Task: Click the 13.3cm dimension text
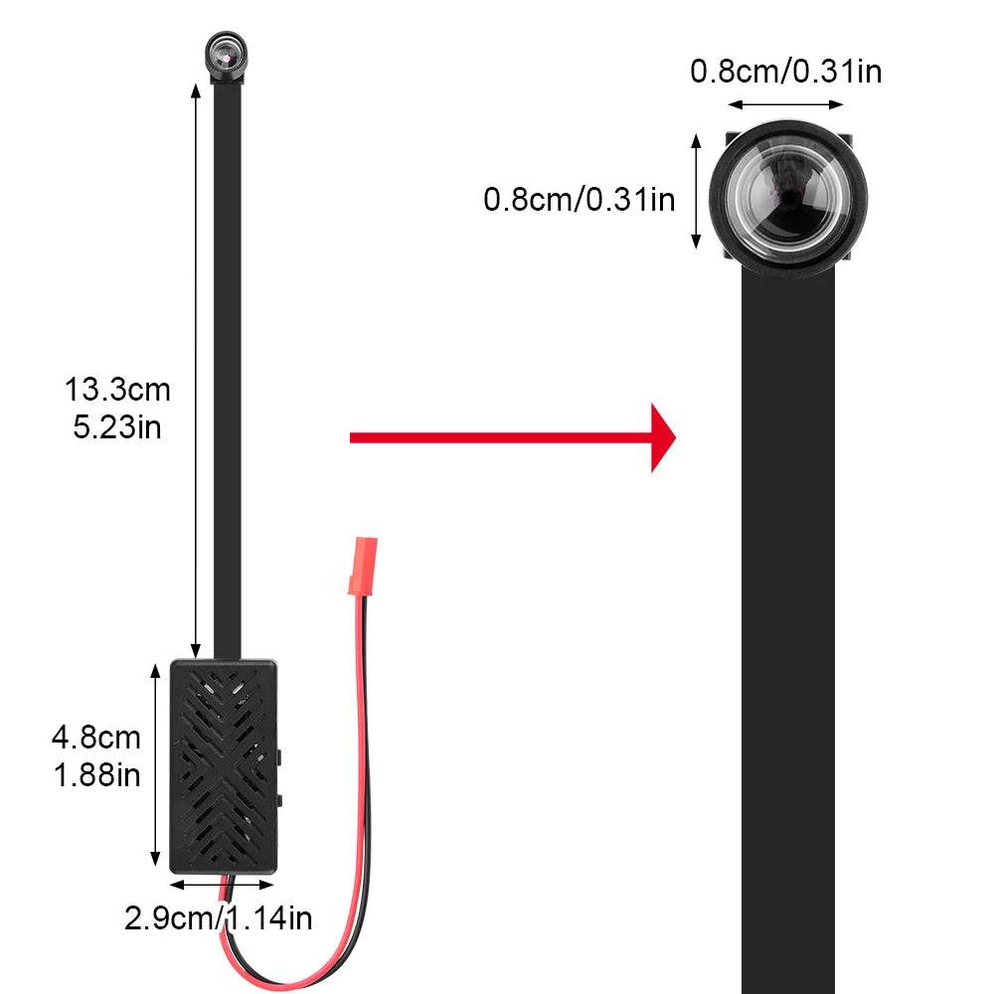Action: click(117, 389)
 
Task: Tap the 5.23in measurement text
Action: click(117, 427)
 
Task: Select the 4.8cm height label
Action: click(96, 738)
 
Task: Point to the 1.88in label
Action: click(96, 775)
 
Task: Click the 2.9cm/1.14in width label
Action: click(219, 918)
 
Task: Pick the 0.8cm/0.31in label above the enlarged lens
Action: click(785, 72)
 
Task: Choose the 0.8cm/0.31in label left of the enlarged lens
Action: click(580, 200)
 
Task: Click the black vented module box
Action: click(223, 763)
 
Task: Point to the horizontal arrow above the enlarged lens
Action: click(785, 103)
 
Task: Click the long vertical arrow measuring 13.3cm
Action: click(196, 368)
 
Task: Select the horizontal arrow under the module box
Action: click(221, 883)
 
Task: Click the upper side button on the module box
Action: click(281, 756)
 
